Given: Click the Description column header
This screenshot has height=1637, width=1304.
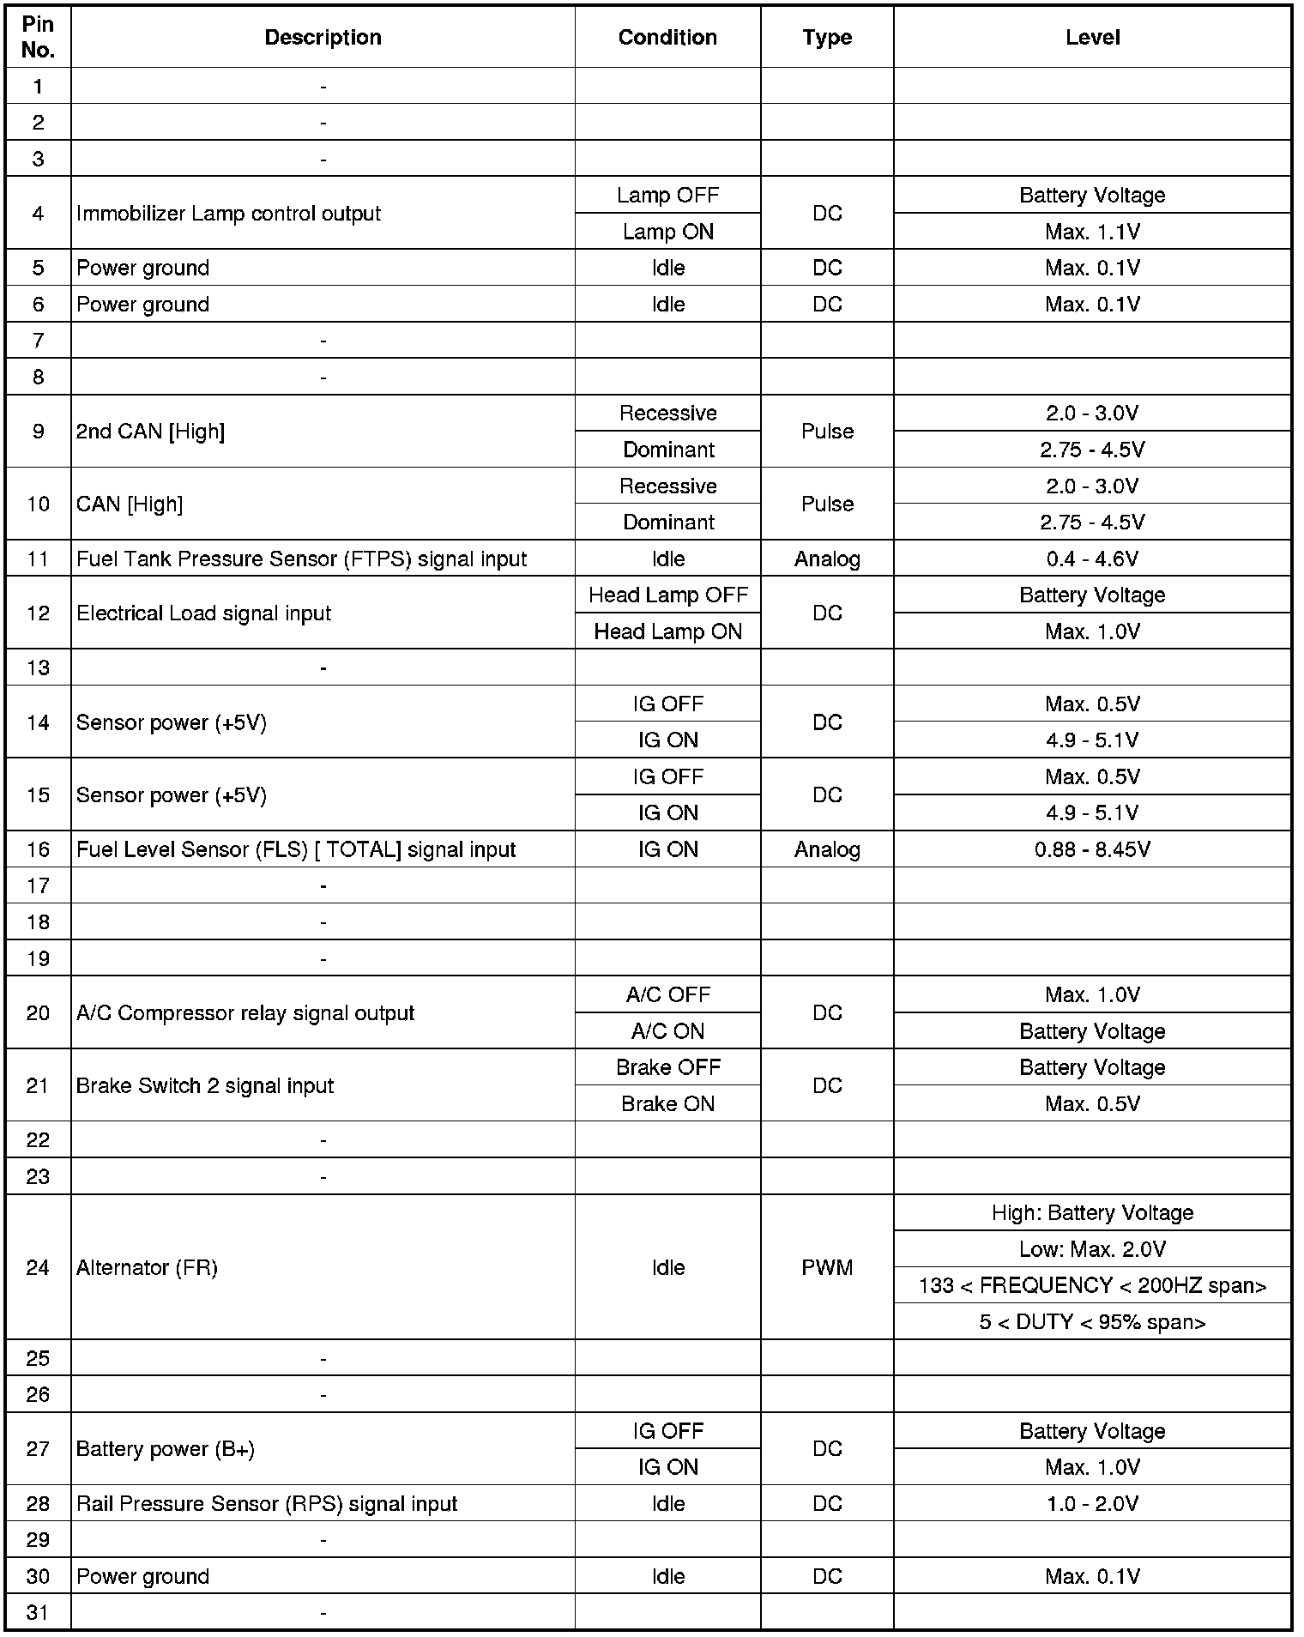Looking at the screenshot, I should [x=323, y=37].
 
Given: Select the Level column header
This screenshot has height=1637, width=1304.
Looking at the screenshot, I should [x=1092, y=37].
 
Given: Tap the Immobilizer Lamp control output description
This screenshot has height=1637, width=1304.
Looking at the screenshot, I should [x=228, y=214].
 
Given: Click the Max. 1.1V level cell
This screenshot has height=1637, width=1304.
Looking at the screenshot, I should [x=1092, y=232].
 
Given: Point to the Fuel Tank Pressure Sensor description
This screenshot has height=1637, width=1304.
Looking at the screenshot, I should [x=301, y=559].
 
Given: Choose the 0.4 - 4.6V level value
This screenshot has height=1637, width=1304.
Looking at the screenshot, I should [x=1092, y=559].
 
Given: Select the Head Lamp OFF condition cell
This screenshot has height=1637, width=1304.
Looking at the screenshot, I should [x=667, y=595].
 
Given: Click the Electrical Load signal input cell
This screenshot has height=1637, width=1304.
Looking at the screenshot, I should [x=203, y=613].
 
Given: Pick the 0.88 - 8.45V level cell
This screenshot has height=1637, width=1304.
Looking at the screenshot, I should [x=1092, y=849].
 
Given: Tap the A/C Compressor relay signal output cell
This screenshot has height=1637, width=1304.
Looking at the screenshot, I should [x=245, y=1013].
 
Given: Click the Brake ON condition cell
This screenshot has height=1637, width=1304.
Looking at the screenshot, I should [x=667, y=1104].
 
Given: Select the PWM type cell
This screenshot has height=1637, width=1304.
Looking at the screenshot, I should [x=827, y=1267].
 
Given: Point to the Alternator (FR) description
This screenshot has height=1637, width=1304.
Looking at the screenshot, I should [x=147, y=1267].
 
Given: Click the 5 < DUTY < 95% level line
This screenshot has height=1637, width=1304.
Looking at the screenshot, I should [x=1092, y=1322].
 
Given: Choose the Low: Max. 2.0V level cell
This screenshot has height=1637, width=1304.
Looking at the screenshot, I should [x=1092, y=1249].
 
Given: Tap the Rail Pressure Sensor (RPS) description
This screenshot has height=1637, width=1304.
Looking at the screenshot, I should [x=267, y=1504].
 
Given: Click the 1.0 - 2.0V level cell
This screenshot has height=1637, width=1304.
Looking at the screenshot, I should [x=1092, y=1504].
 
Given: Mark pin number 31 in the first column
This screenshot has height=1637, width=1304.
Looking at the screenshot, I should [x=38, y=1613].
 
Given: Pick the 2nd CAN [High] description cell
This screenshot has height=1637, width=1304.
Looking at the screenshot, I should [x=150, y=432].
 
